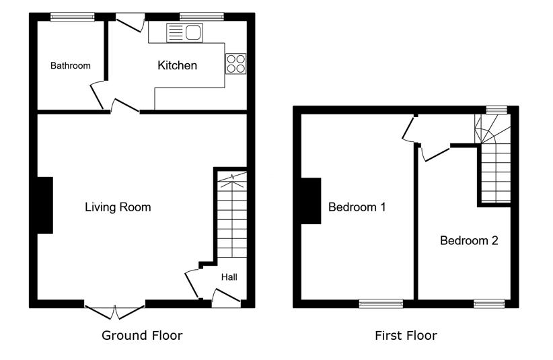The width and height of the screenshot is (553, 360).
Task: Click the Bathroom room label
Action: (x=71, y=65)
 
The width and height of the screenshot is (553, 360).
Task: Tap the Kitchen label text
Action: (x=177, y=65)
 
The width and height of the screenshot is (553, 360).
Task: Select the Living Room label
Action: (x=118, y=207)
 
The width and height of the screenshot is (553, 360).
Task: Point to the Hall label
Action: (x=229, y=277)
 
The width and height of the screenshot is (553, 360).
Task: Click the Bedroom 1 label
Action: (x=357, y=207)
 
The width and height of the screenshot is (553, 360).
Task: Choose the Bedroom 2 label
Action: (x=469, y=240)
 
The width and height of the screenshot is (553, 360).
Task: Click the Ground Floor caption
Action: (x=142, y=335)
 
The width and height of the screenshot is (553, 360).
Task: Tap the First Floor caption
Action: (x=406, y=335)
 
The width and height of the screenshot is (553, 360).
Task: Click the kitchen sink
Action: (x=184, y=33)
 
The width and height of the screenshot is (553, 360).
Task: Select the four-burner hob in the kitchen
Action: (x=236, y=64)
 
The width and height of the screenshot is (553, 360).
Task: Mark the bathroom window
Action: (x=72, y=17)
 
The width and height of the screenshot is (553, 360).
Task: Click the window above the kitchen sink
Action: (x=202, y=17)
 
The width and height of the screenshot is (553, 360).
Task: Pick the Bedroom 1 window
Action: (x=381, y=303)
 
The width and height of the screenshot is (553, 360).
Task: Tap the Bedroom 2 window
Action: (x=489, y=303)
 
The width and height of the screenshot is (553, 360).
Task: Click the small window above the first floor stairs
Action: (x=496, y=110)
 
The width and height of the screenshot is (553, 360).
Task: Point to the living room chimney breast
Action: (x=45, y=205)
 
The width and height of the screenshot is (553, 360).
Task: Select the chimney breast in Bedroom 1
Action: (x=311, y=201)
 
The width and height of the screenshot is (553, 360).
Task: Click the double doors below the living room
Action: (x=114, y=311)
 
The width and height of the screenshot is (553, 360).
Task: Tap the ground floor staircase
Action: (x=232, y=215)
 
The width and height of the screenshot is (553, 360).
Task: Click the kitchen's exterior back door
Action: (x=131, y=22)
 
